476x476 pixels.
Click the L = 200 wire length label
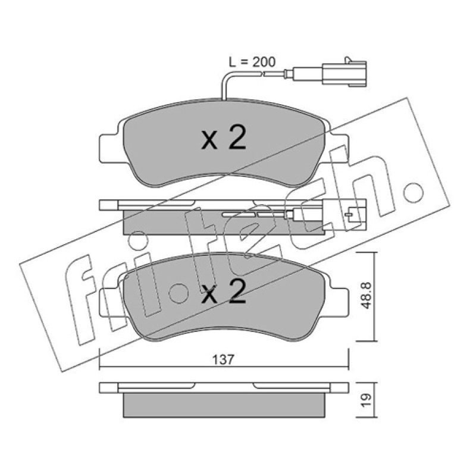(x=252, y=62)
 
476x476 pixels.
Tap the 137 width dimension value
(x=224, y=360)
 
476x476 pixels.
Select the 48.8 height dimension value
(x=367, y=295)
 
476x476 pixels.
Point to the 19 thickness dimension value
(x=367, y=400)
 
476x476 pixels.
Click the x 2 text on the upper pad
(x=224, y=138)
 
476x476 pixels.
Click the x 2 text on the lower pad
(x=224, y=292)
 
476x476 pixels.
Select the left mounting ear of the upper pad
(x=110, y=148)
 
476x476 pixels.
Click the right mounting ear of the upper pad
(x=337, y=148)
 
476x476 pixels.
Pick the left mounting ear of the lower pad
(x=110, y=302)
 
